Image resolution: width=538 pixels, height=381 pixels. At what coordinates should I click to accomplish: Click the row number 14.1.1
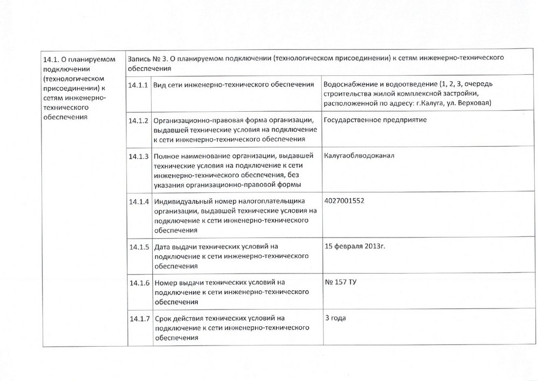point(139,85)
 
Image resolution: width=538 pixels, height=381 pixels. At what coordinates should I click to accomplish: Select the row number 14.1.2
point(139,120)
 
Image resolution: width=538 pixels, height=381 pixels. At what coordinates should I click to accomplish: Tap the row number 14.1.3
point(139,156)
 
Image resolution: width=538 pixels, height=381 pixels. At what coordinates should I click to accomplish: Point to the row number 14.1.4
point(139,202)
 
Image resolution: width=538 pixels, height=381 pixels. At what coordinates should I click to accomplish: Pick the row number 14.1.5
point(139,247)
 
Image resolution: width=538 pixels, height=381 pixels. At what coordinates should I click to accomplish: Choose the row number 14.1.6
point(139,282)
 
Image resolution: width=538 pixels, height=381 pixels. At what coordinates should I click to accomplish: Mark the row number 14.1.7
point(139,318)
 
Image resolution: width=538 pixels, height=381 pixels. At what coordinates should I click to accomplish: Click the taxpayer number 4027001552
point(349,201)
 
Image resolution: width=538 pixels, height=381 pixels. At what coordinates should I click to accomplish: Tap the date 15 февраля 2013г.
point(356,246)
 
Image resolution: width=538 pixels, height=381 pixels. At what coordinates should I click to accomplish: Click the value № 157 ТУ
point(341,282)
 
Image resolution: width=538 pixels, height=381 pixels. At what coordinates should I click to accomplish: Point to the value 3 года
point(335,318)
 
